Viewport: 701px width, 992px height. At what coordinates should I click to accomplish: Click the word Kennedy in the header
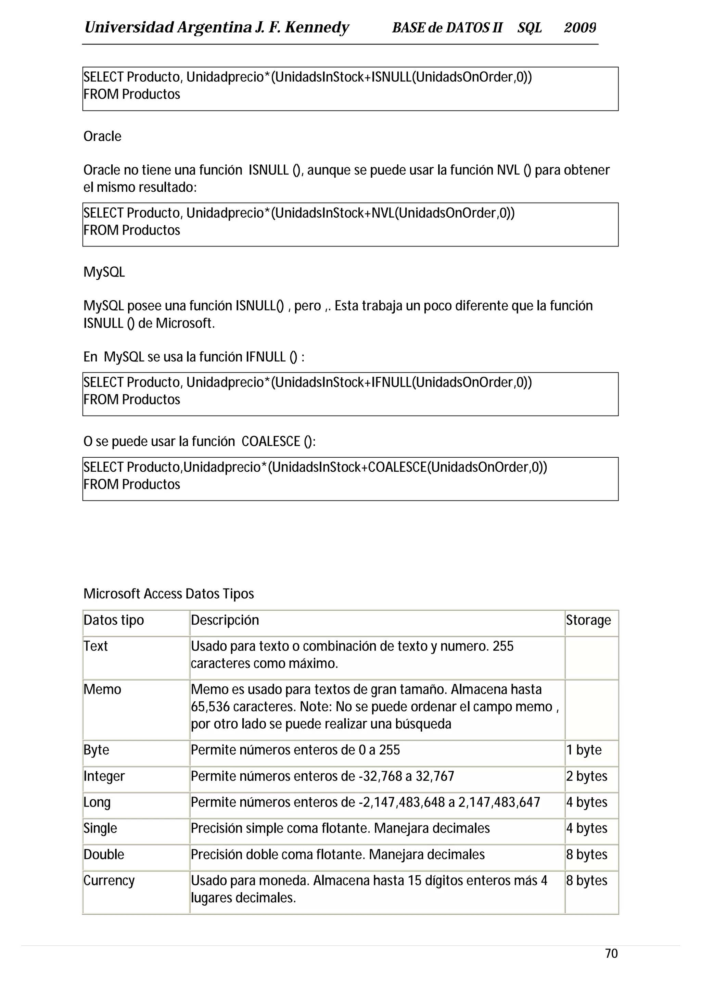317,28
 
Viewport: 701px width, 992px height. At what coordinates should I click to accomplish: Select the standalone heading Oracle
102,136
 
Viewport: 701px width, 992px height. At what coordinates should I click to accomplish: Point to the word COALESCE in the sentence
271,441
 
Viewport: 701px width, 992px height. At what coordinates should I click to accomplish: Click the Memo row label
102,689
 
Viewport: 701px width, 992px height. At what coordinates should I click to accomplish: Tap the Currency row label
109,880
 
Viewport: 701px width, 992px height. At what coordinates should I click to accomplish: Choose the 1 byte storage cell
584,750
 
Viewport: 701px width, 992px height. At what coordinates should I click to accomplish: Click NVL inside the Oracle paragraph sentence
508,170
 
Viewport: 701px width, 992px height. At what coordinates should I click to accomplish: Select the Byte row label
96,750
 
